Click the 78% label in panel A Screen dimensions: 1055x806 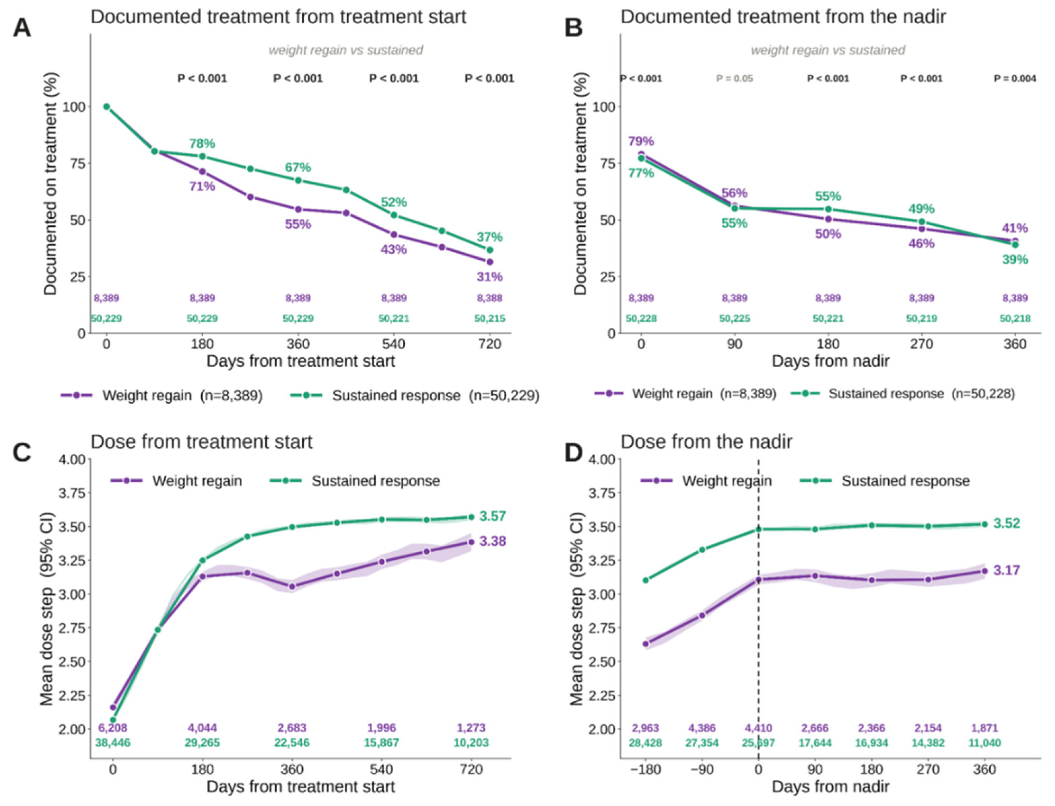(202, 143)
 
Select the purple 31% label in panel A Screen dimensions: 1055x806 (489, 277)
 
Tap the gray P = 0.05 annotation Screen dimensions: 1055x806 (735, 78)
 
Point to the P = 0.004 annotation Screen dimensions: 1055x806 (1015, 78)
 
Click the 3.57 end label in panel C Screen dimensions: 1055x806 (492, 516)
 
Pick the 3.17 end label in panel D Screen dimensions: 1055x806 (1007, 570)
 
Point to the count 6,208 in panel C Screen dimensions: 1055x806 (113, 728)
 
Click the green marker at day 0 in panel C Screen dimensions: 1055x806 (113, 720)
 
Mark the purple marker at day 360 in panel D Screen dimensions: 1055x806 (984, 571)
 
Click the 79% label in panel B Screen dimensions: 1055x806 (641, 141)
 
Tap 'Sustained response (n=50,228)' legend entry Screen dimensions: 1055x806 (903, 393)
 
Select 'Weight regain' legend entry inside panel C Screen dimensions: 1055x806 (177, 481)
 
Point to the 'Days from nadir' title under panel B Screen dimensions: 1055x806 (830, 361)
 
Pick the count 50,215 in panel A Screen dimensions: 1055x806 (489, 319)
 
